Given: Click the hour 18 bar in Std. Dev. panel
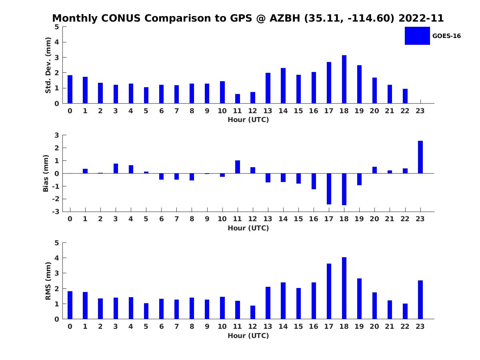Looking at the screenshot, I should pos(344,79).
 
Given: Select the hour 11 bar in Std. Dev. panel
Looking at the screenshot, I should pos(238,98).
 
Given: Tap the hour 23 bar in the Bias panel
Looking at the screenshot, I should pos(420,157).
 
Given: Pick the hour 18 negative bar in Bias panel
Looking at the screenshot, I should pos(344,189).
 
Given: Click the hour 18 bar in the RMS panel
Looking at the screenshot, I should pos(344,288).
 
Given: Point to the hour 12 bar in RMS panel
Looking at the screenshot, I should pos(253,312).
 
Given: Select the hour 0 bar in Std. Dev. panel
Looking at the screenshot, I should pos(70,89).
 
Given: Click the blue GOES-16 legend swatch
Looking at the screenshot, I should pos(417,36).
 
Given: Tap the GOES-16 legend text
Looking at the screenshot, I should pos(446,36).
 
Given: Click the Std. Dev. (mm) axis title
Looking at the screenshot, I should pos(48,65).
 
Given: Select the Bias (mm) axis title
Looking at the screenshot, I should pos(46,173).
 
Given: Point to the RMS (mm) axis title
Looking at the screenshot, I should pos(48,281).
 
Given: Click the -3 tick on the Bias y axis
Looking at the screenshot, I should pos(56,212).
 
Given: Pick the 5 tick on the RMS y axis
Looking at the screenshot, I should pos(57,243).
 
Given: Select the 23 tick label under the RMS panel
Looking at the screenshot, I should pos(420,326).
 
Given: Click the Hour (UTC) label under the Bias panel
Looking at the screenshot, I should pos(248,228).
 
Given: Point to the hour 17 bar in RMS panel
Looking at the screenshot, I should pos(329,291).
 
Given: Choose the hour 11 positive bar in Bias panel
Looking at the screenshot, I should pos(238,167).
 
